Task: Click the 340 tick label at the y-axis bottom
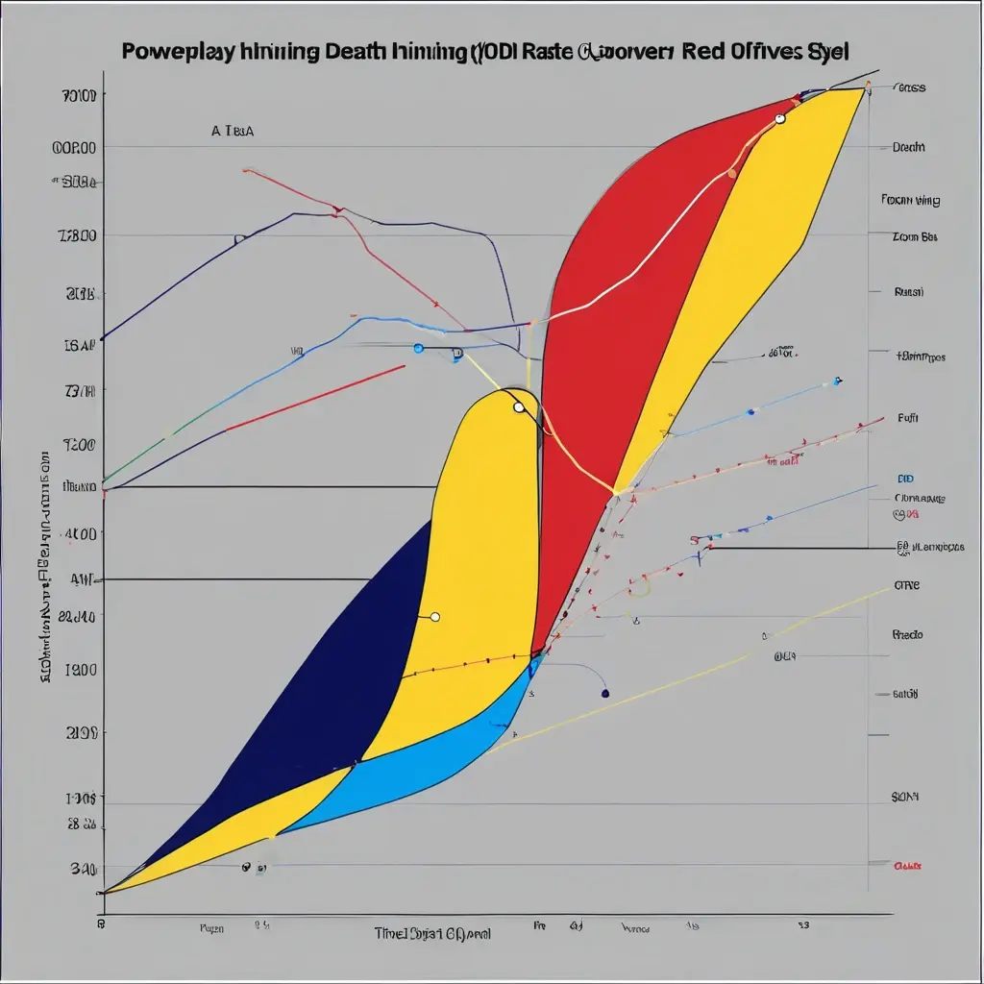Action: tap(82, 869)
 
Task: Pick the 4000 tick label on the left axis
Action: tap(78, 533)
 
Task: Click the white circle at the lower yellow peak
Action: tap(519, 407)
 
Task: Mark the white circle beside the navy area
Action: tap(434, 617)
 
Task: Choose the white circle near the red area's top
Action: tap(779, 119)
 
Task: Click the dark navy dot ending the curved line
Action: tap(604, 692)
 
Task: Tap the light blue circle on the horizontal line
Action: tap(418, 348)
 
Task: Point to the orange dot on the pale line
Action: tap(731, 174)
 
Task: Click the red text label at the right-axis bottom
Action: tap(907, 865)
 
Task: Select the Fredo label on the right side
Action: tap(907, 635)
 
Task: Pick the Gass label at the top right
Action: tap(909, 87)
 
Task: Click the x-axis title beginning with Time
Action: tap(432, 932)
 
